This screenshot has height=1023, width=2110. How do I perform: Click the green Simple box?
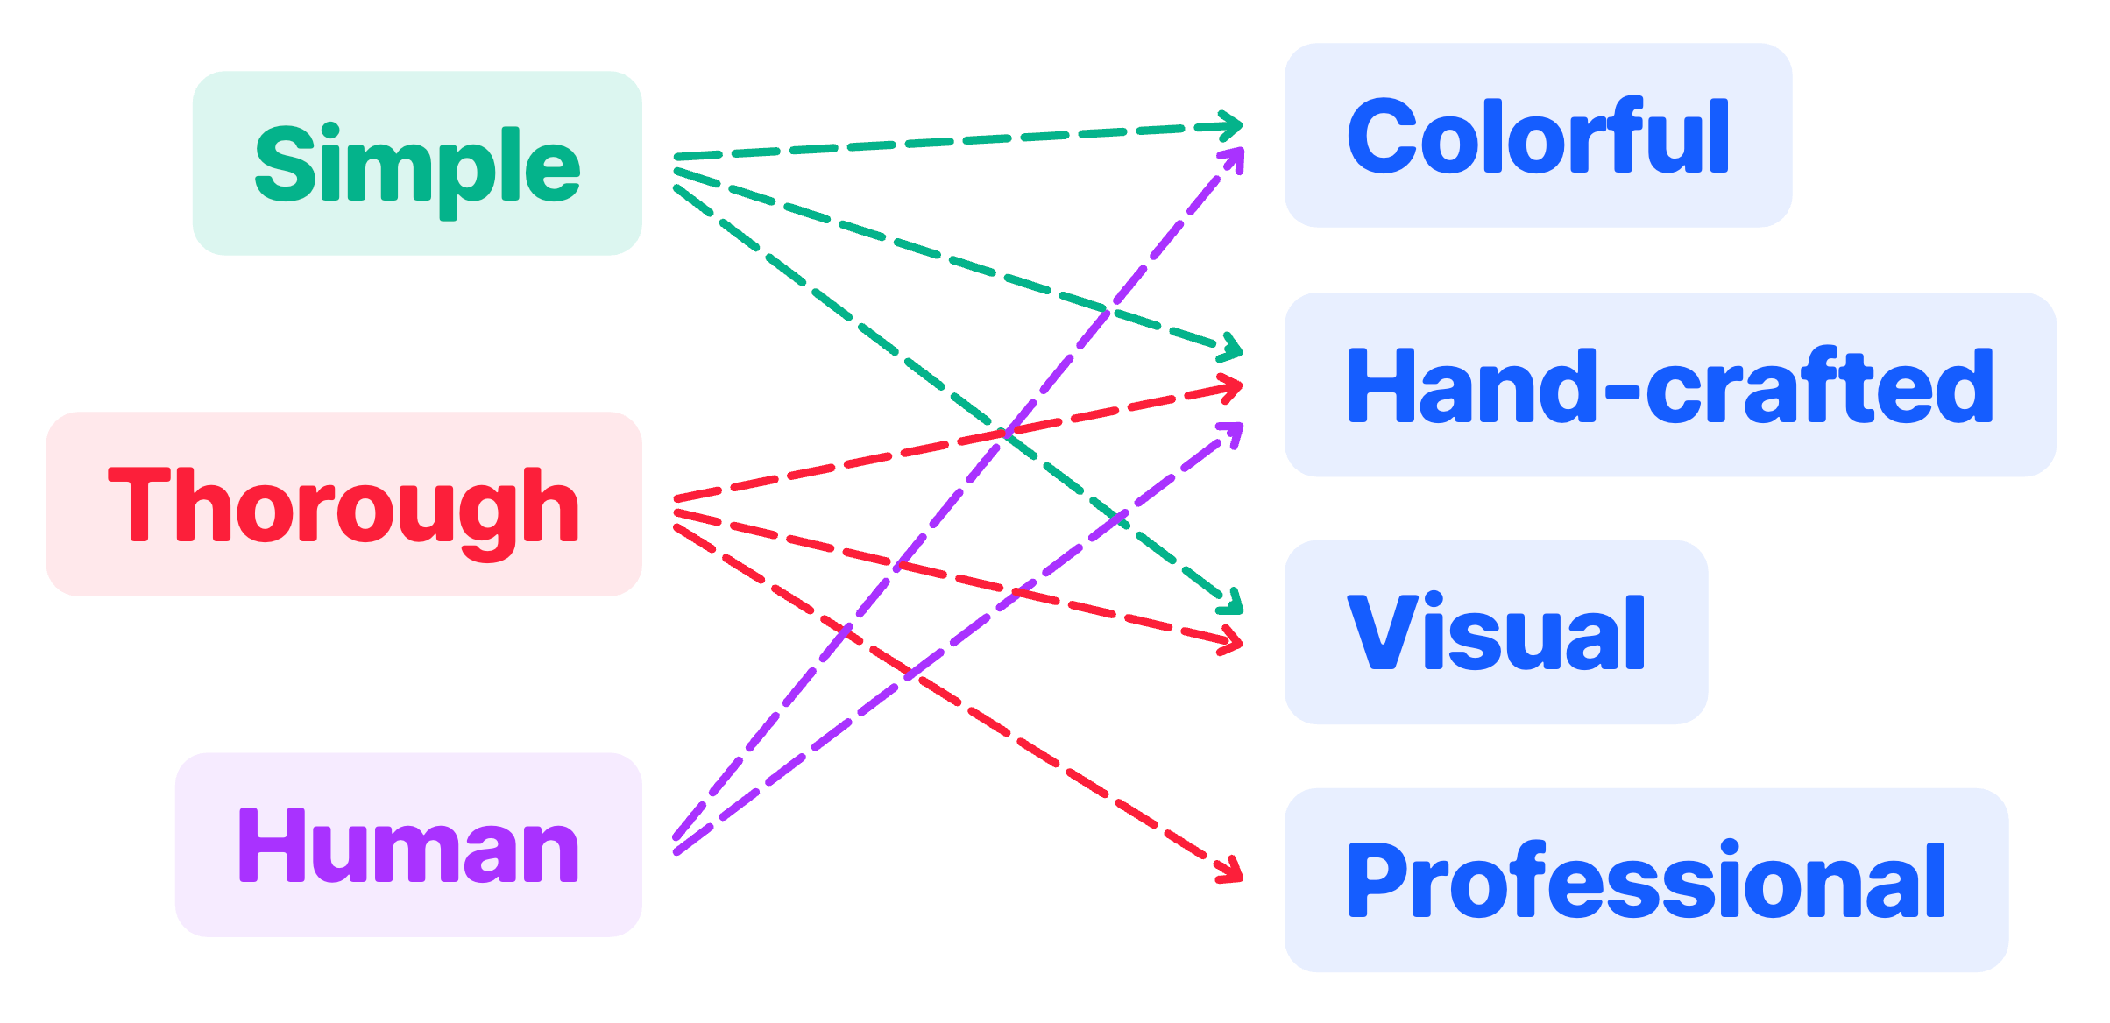coord(417,164)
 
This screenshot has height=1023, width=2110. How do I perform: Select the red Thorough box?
coord(343,504)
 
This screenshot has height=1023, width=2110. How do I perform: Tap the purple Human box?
coord(408,845)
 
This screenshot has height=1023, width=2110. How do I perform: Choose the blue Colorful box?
coord(1538,136)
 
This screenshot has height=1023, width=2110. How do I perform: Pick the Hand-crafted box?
coord(1669,385)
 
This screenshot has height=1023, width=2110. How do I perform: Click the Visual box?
coord(1496,632)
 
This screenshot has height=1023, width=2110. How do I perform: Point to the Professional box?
coord(1646,880)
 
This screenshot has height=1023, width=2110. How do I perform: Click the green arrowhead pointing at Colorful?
coord(1235,126)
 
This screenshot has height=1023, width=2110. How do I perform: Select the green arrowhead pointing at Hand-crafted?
coord(1234,349)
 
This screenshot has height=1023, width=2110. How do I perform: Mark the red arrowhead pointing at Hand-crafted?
coord(1235,386)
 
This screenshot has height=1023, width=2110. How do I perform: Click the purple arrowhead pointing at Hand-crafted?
coord(1236,430)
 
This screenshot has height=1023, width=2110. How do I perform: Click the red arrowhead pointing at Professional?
coord(1235,874)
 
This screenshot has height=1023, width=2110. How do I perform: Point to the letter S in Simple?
coord(284,163)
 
